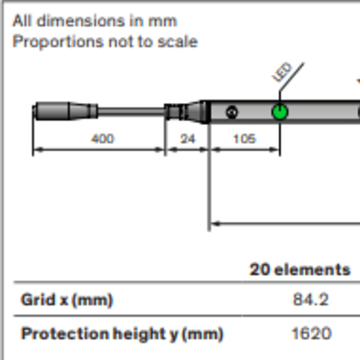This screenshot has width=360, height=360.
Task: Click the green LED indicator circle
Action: [x=279, y=112]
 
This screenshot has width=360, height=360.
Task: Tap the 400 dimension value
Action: [x=103, y=139]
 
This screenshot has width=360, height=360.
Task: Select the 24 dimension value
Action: [x=188, y=139]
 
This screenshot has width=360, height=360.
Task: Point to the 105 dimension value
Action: [x=245, y=139]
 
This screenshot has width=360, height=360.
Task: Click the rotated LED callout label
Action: [x=282, y=72]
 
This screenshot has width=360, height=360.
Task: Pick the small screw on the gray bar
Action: [x=232, y=112]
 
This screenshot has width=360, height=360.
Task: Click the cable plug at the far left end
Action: [x=65, y=111]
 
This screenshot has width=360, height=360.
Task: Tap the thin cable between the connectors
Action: [x=131, y=111]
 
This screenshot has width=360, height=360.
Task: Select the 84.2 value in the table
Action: [x=311, y=299]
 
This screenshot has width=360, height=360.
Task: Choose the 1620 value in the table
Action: [x=311, y=333]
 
